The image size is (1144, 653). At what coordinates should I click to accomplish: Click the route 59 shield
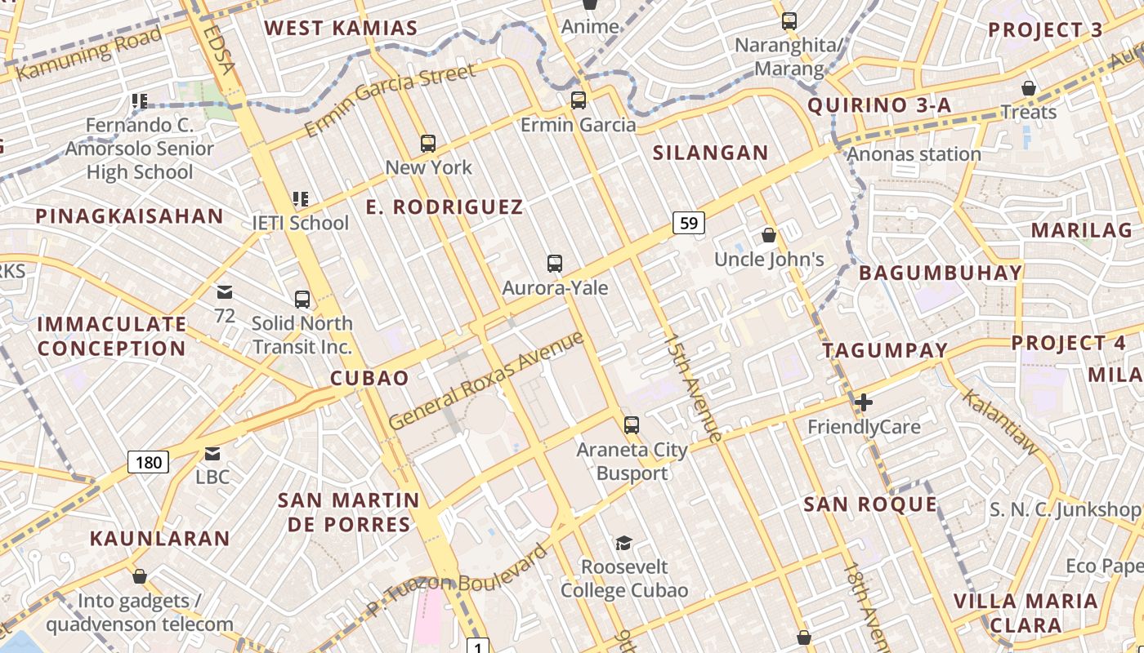[x=690, y=222]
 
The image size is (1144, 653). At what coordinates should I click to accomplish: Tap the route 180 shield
[x=149, y=463]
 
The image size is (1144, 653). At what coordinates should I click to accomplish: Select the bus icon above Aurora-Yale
[x=555, y=264]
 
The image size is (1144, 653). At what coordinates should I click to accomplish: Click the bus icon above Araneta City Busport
[x=631, y=424]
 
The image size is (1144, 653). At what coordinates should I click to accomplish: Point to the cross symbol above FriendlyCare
[x=864, y=402]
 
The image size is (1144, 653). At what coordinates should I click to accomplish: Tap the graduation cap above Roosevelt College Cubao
[x=623, y=543]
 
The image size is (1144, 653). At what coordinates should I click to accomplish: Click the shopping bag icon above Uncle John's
[x=768, y=236]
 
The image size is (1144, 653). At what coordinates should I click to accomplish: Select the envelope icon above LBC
[x=212, y=453]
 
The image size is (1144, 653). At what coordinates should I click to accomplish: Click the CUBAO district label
[x=369, y=378]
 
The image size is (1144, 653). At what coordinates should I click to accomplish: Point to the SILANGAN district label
[x=710, y=153]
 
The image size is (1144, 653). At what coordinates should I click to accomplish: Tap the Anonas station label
[x=914, y=153]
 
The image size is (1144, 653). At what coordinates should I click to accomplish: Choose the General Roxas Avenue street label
[x=487, y=380]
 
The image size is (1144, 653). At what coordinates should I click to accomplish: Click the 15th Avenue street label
[x=693, y=388]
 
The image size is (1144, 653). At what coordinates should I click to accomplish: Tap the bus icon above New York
[x=428, y=144]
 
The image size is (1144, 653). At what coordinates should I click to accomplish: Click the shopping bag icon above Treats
[x=1029, y=88]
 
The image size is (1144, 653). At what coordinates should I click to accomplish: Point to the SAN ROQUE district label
[x=870, y=504]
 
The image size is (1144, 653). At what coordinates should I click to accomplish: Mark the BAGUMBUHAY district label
[x=941, y=273]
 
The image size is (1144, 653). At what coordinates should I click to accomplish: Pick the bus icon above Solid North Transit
[x=302, y=300]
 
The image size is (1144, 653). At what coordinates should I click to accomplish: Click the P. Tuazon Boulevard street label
[x=457, y=581]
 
